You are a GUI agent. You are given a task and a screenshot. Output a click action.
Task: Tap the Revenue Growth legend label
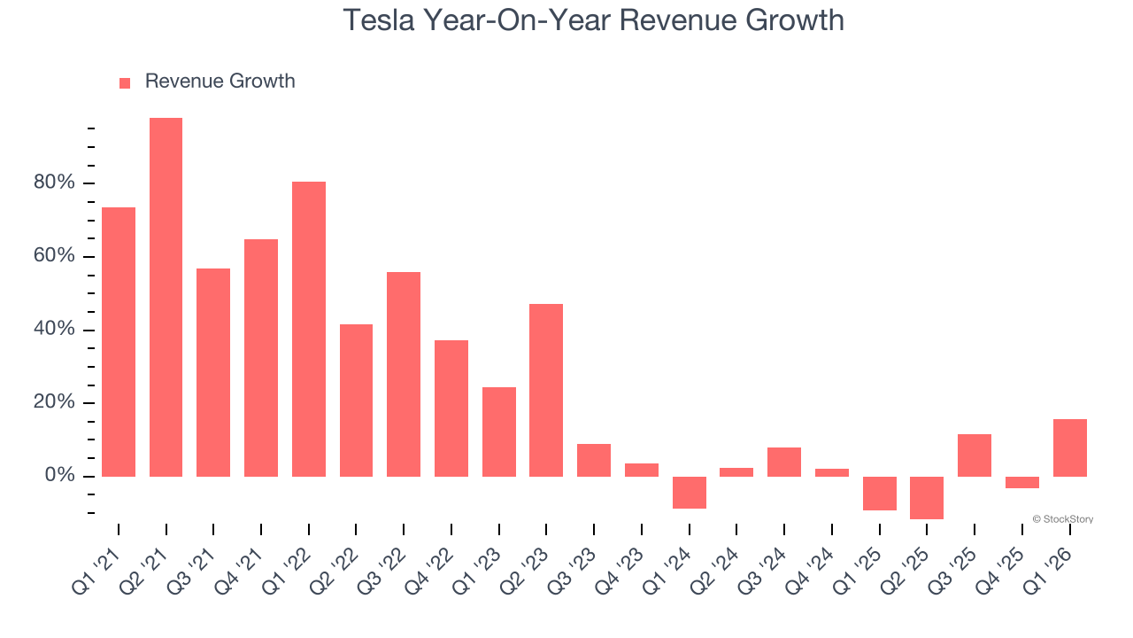220,82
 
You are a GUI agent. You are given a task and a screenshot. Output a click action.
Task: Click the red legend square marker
125,82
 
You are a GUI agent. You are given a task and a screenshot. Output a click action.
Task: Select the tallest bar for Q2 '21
166,297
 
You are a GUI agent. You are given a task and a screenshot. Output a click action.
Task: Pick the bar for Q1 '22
309,329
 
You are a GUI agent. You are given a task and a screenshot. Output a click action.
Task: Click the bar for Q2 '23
546,390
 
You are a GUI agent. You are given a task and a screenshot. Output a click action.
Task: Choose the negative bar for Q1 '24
689,493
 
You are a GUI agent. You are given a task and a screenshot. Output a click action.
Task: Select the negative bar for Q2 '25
927,498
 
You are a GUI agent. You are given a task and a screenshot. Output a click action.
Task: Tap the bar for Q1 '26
1069,447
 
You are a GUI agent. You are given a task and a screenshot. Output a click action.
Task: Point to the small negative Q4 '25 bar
1021,483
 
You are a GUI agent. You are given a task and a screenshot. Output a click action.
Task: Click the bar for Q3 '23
594,460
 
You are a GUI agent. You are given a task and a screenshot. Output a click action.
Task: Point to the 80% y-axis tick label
54,183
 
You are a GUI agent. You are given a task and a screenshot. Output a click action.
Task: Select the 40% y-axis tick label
54,330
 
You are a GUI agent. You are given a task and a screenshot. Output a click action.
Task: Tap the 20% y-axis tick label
54,403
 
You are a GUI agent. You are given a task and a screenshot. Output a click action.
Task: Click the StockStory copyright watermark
1062,519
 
